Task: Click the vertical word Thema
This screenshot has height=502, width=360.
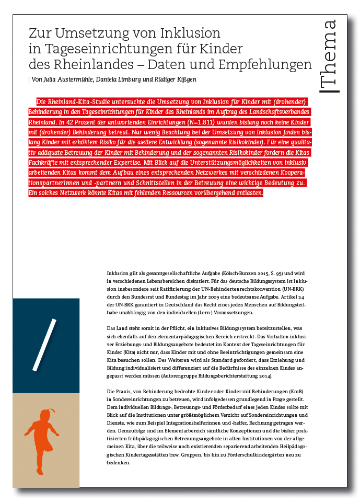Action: (x=330, y=56)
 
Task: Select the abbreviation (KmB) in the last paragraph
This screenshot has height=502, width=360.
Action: (x=297, y=392)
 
